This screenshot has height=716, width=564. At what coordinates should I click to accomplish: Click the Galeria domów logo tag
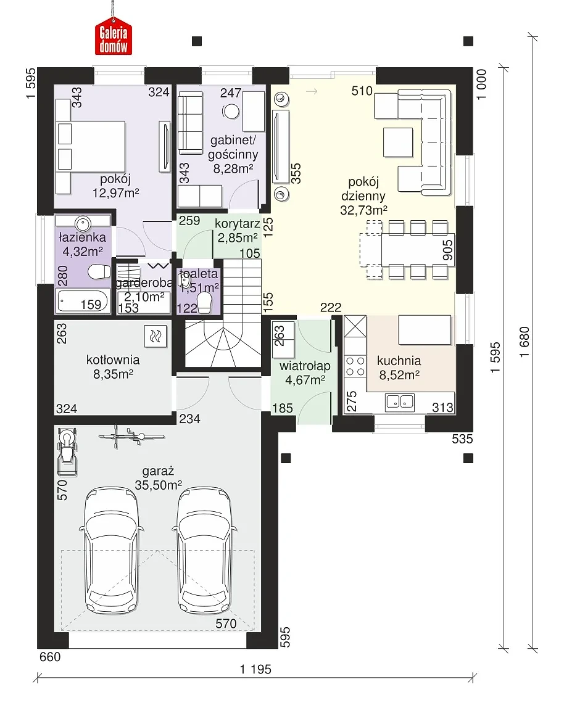coord(114,36)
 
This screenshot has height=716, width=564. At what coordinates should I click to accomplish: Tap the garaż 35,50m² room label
coord(158,478)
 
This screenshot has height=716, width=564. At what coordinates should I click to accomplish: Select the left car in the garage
coord(112,551)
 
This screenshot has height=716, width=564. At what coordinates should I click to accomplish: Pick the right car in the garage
coord(204,551)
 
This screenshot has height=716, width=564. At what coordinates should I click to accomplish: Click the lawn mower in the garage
coord(67,451)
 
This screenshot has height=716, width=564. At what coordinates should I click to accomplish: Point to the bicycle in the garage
coord(131,435)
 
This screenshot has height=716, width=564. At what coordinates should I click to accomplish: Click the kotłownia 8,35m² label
coord(113,367)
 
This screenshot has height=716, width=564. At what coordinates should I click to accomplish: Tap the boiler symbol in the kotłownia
coord(156,337)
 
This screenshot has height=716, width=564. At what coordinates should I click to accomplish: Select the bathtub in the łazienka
coord(83,301)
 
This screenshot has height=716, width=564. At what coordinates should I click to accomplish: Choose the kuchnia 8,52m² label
coord(399,368)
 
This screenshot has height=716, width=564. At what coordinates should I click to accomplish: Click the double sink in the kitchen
coord(400,401)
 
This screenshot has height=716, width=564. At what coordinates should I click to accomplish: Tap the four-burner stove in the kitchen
coord(355,366)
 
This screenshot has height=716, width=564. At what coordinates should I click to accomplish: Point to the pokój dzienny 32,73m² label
coord(363,196)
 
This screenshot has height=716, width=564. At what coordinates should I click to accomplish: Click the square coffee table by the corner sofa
coord(398,142)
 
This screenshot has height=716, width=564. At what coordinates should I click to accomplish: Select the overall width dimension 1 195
coord(255,669)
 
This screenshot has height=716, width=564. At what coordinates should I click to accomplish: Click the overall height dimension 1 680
coord(525,342)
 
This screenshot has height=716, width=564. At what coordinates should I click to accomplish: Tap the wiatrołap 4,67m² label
coord(305,372)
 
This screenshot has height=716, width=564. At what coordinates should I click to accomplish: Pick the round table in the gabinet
coord(231,112)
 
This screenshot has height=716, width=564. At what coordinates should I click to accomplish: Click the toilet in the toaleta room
coord(205,303)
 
